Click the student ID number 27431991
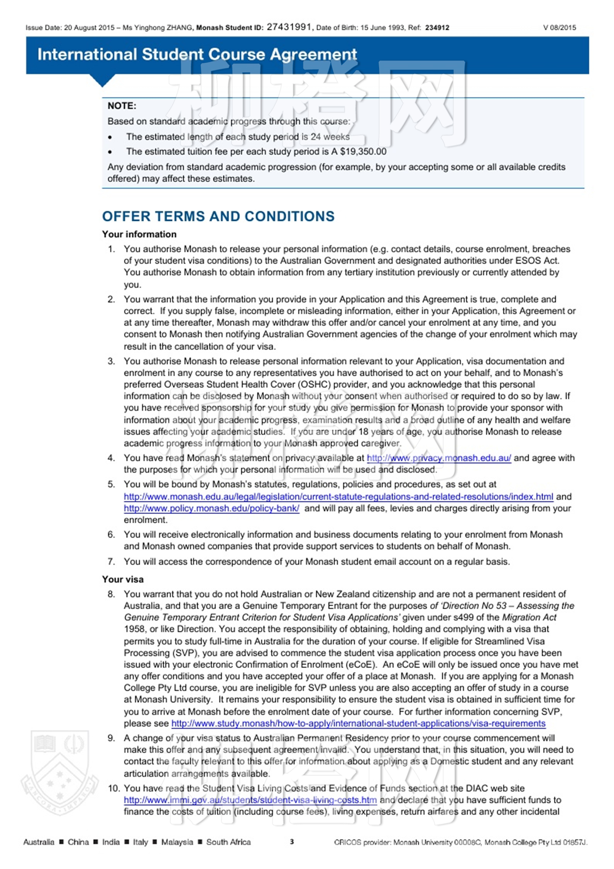[x=289, y=27]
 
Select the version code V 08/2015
[x=560, y=28]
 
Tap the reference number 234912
[x=437, y=28]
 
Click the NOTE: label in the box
[x=122, y=106]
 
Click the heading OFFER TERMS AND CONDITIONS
[x=218, y=216]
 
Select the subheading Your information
[x=139, y=234]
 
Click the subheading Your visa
[x=123, y=579]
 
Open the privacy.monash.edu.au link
[x=439, y=458]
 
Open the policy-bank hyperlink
[x=211, y=509]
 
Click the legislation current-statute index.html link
[x=338, y=497]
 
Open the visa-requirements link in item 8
[x=358, y=723]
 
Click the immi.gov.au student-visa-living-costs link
[x=250, y=800]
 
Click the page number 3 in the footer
[x=292, y=841]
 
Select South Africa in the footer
[x=228, y=842]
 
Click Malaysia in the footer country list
[x=177, y=842]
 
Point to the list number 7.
[x=111, y=562]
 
